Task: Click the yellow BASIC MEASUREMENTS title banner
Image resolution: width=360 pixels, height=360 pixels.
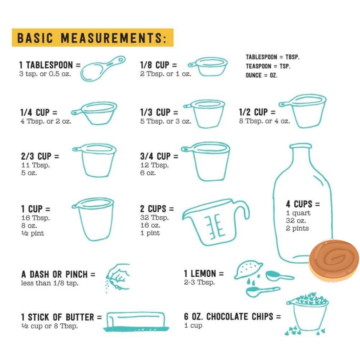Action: pos(92,38)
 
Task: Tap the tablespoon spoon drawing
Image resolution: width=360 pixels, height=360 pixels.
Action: pos(103,69)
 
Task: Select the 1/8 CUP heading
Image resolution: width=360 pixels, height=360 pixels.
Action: pos(159,65)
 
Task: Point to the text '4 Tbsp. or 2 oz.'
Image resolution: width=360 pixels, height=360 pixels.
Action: pos(46,121)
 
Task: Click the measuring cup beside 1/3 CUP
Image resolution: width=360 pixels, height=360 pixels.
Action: pos(204,114)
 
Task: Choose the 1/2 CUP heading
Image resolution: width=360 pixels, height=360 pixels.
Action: pos(257,112)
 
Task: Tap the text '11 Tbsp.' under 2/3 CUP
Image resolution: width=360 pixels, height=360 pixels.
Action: pos(36,165)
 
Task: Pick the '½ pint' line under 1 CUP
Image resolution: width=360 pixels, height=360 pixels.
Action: pos(33,233)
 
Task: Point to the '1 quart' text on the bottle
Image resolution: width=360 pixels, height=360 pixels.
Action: pos(298,213)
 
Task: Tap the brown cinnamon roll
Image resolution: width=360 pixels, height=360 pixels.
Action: pos(334,261)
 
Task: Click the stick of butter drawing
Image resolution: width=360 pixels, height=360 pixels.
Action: pos(136,321)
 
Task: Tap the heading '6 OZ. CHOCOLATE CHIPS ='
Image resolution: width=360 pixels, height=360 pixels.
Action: pos(232,317)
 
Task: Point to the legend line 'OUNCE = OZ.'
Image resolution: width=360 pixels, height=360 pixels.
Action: pos(262,75)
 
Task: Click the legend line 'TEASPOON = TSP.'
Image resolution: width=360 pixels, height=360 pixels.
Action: pos(268,66)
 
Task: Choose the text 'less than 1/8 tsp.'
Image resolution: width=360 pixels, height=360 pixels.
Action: pos(50,283)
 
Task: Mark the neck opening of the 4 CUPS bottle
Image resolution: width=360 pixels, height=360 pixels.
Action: pos(301,146)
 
